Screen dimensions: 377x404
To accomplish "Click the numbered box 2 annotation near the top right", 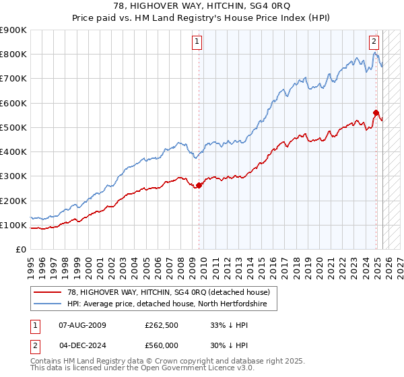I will (x=374, y=40).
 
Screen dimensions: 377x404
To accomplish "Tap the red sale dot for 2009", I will (x=199, y=185).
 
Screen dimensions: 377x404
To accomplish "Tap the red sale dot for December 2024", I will (x=376, y=113).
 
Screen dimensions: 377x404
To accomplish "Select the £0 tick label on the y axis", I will (x=20, y=249).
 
